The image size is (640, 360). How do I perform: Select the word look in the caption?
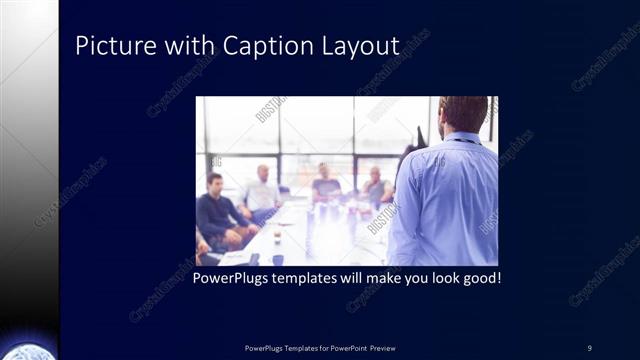(x=437, y=277)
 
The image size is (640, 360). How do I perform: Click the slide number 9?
(x=589, y=347)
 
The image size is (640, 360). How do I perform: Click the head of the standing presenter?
(x=462, y=115)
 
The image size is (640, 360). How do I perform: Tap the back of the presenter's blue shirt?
(x=445, y=200)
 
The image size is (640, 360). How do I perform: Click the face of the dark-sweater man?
(x=214, y=184)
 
